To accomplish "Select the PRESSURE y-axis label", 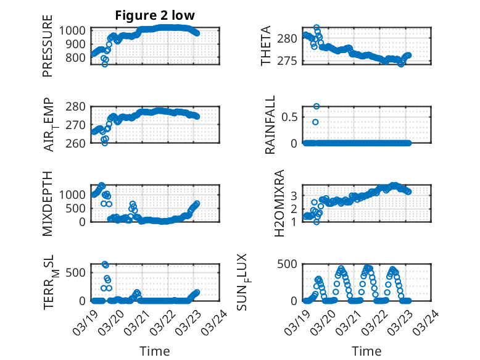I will point(48,51).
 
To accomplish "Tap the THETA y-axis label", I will point(266,46).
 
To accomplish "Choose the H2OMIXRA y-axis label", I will point(278,203).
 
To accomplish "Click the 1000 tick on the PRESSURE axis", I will point(75,30).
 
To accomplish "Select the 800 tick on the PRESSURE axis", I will point(78,57).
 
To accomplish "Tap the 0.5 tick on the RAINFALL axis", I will point(292,117).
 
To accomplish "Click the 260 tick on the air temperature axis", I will point(78,143).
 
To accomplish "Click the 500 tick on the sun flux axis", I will point(292,264).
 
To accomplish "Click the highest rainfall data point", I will point(317,106).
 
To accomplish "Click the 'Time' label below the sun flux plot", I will point(366,351).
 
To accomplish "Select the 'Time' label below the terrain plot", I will point(155,351).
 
